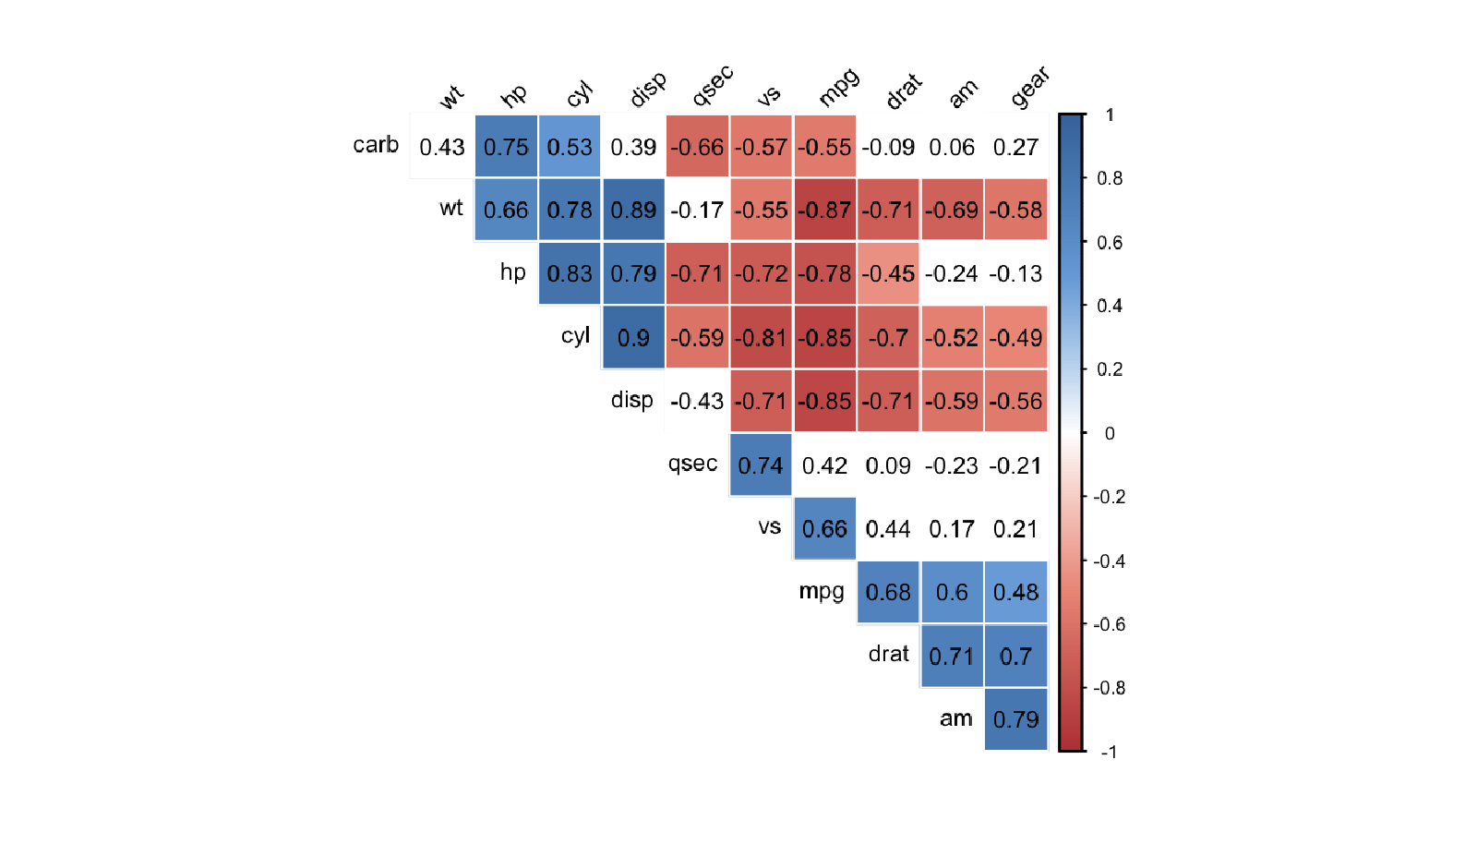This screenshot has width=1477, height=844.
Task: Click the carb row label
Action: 376,145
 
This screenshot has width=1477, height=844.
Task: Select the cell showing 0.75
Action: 506,147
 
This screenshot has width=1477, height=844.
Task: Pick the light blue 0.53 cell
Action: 570,147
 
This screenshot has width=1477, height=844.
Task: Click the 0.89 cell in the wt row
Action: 633,211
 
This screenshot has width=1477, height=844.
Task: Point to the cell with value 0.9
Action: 633,338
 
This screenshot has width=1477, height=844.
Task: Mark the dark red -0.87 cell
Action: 824,211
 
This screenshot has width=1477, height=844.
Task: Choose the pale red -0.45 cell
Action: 888,274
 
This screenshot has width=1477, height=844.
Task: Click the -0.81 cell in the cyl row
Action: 761,338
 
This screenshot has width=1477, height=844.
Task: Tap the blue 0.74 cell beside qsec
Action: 761,465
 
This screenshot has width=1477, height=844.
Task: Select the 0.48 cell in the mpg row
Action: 1015,593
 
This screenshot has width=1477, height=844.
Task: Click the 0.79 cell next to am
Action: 1015,719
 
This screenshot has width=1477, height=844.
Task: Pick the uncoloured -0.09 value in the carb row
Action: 888,147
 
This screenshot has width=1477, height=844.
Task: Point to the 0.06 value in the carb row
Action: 952,147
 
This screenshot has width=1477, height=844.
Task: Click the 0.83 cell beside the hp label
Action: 570,274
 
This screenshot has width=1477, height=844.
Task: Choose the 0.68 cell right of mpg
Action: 888,593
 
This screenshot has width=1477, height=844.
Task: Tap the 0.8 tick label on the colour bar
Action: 1110,178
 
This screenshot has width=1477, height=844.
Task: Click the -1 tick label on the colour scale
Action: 1109,752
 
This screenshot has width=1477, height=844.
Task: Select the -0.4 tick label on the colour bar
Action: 1109,561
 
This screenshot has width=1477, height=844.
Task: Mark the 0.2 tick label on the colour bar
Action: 1110,369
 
